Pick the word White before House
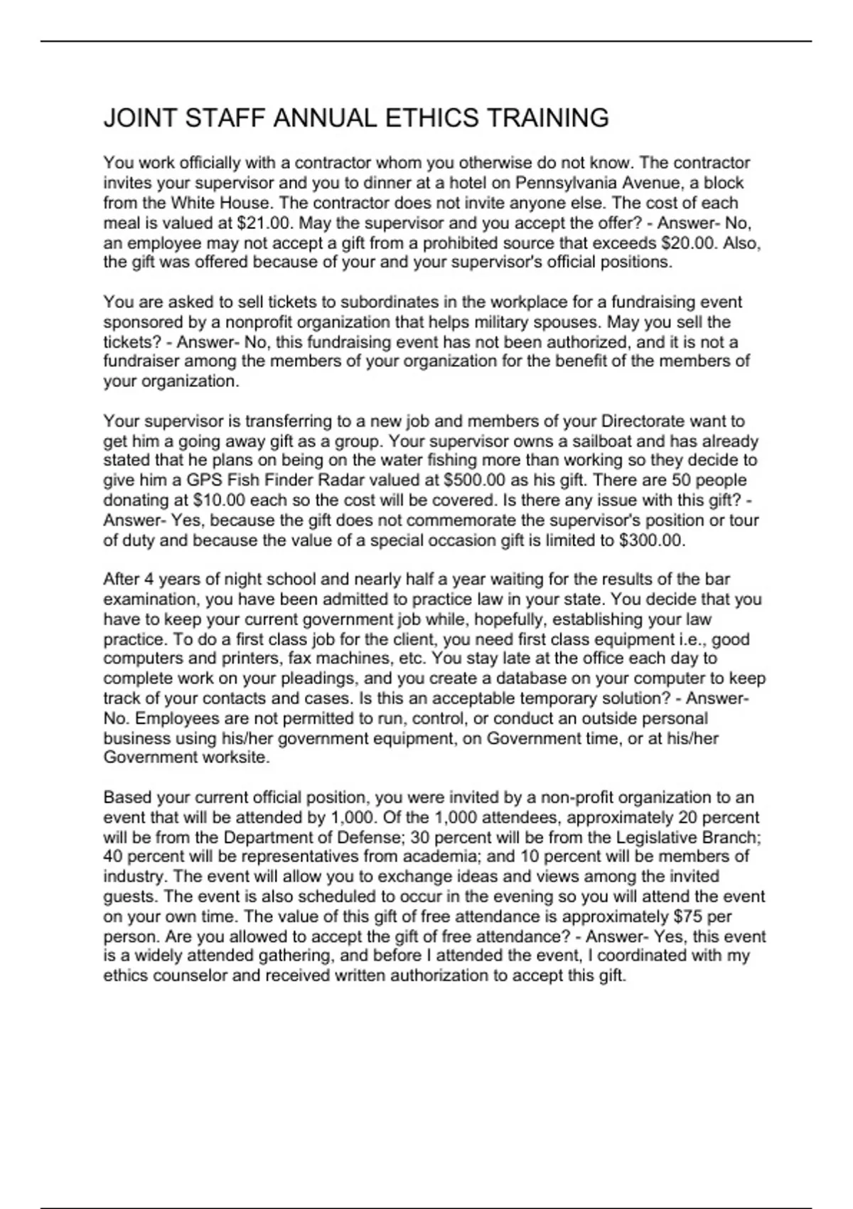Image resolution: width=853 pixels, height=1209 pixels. (x=196, y=203)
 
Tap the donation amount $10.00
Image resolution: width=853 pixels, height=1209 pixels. (x=219, y=500)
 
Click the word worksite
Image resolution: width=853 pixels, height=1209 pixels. (x=233, y=757)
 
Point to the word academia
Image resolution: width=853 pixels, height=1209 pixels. (x=438, y=857)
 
